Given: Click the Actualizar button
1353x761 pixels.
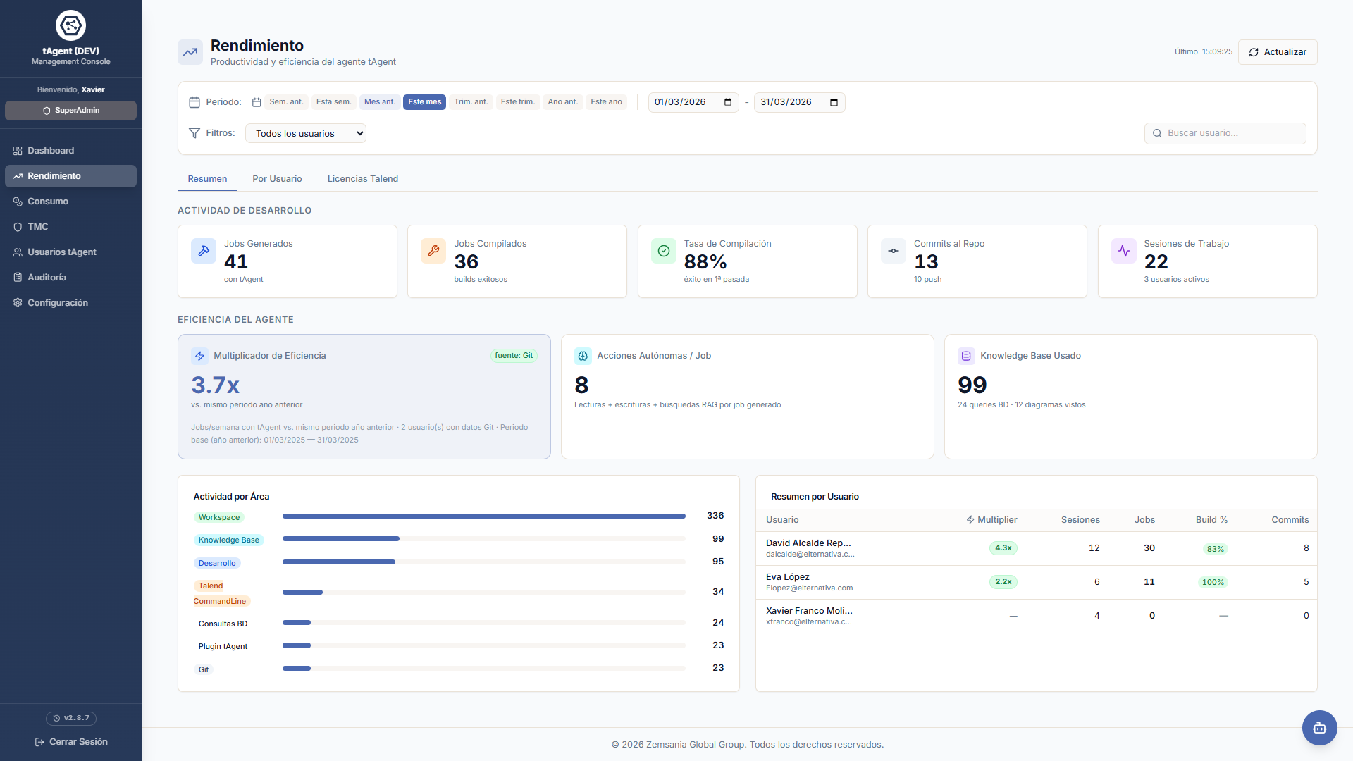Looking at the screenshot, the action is (x=1278, y=52).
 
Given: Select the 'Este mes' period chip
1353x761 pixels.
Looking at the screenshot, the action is (x=424, y=102).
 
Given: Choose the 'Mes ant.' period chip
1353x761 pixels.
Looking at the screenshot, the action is (x=380, y=102).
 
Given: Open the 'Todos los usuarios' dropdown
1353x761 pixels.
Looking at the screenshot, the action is (x=306, y=133).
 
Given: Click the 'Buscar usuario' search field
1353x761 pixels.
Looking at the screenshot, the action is (x=1225, y=133).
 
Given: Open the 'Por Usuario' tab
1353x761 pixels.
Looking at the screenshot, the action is (x=277, y=179).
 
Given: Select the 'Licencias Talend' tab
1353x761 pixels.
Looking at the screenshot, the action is (x=363, y=179).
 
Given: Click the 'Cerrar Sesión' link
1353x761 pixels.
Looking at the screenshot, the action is (x=71, y=742).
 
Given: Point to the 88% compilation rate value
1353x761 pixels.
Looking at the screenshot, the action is (x=705, y=262).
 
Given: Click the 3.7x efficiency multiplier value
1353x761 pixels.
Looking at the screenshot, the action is (x=216, y=385).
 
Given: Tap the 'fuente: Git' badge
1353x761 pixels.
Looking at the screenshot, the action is (x=514, y=356).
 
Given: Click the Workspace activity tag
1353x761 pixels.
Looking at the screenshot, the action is (x=219, y=517).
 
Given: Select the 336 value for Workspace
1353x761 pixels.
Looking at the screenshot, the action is (x=715, y=516).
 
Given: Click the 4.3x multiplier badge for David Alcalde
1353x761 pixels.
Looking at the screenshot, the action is (x=1003, y=548).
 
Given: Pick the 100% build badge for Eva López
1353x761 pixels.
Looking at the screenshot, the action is (x=1213, y=582).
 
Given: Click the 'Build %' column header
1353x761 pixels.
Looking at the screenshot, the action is (x=1211, y=520).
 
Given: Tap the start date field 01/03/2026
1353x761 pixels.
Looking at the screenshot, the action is (x=693, y=102).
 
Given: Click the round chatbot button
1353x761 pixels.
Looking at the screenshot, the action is (x=1319, y=728).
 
